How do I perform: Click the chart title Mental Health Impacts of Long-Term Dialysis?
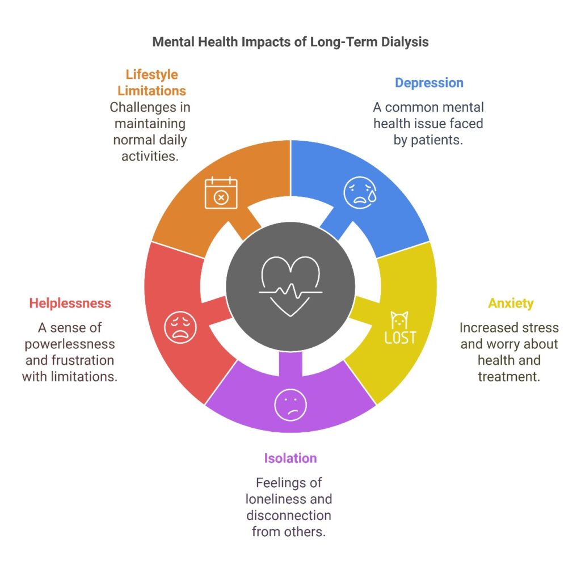click(290, 42)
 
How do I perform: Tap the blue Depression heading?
click(429, 83)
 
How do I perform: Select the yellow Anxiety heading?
click(511, 304)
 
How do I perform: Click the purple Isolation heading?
click(290, 458)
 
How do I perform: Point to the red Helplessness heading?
click(70, 304)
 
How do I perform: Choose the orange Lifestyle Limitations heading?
click(151, 83)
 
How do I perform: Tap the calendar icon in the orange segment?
click(221, 192)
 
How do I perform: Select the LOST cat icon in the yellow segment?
click(400, 327)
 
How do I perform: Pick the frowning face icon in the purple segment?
click(290, 405)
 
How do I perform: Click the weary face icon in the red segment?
click(180, 327)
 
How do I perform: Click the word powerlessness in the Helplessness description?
click(70, 344)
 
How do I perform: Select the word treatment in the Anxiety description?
click(509, 377)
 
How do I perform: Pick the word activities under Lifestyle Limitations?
click(150, 157)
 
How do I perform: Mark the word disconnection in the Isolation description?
click(289, 515)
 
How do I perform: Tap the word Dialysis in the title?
click(405, 42)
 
